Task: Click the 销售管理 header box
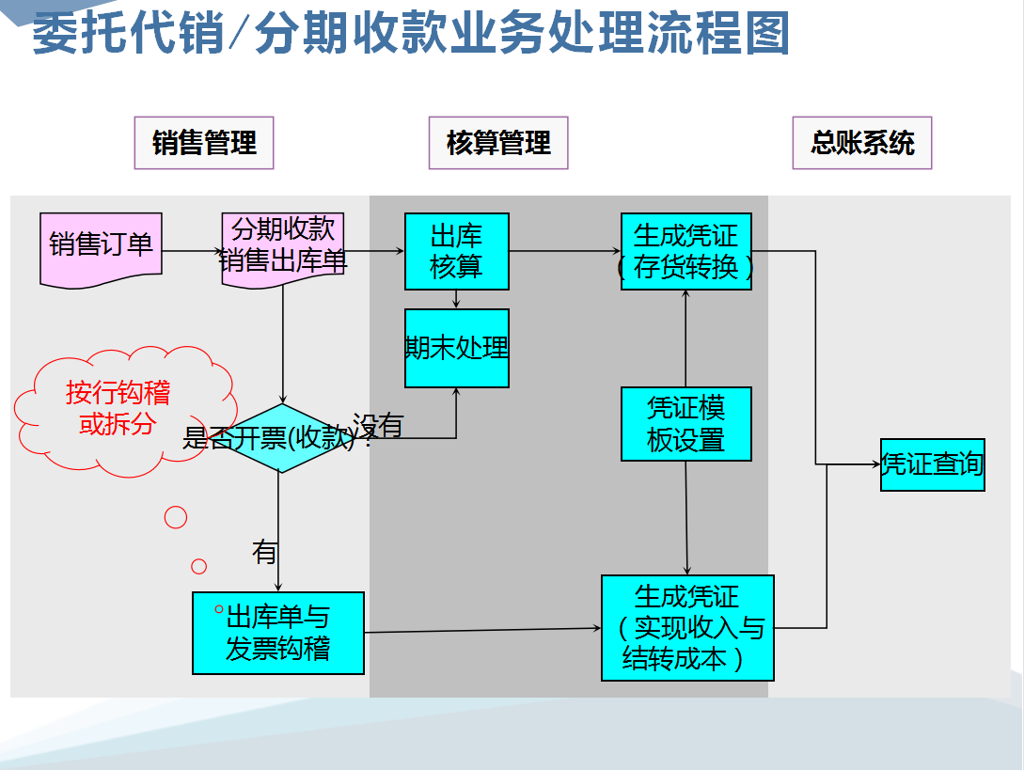(x=204, y=143)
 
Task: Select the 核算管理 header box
(x=498, y=143)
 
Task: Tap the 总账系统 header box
(x=862, y=143)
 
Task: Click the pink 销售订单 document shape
(x=101, y=247)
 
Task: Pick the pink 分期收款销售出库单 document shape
(x=283, y=246)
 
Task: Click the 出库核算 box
(x=457, y=251)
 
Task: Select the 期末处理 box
(x=457, y=348)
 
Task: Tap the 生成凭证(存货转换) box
(x=686, y=251)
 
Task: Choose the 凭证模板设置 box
(x=686, y=424)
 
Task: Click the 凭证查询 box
(x=932, y=464)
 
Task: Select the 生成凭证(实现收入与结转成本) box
(x=687, y=627)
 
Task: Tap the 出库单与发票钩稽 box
(x=278, y=633)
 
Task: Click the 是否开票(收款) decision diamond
(x=278, y=438)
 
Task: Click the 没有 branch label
(x=378, y=425)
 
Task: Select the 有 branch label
(x=264, y=552)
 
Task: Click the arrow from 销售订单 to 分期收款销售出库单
(x=192, y=251)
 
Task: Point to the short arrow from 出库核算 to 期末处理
(x=457, y=299)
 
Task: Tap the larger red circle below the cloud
(x=176, y=516)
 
